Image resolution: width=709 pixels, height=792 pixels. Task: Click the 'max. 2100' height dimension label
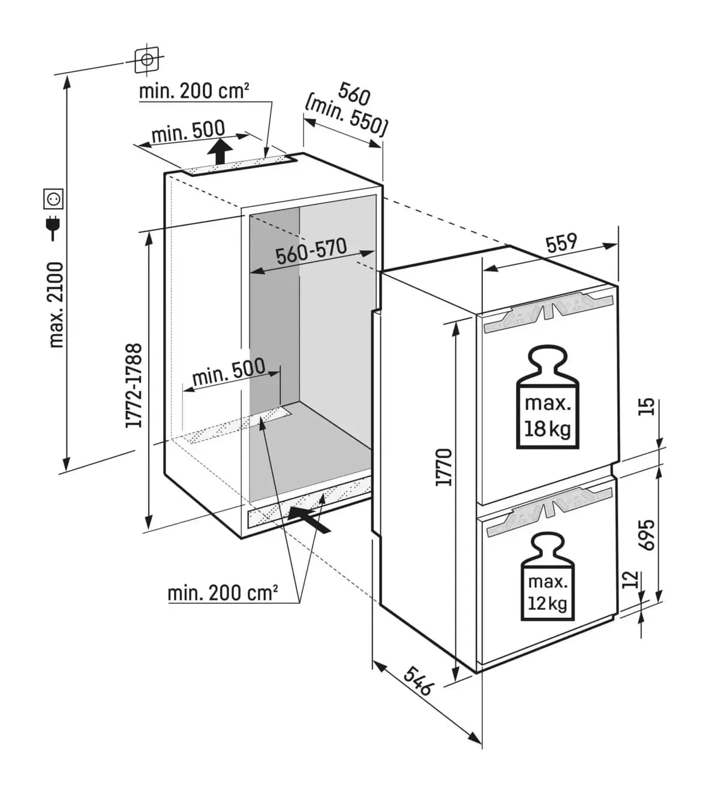coord(56,305)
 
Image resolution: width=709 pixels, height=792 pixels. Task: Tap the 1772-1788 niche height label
coord(133,386)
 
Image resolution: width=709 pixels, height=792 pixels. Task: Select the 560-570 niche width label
coord(311,251)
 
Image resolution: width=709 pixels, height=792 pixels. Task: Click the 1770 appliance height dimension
coord(444,467)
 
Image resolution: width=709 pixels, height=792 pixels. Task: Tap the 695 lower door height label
coord(648,535)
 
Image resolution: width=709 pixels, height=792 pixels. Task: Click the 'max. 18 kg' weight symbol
coord(547,396)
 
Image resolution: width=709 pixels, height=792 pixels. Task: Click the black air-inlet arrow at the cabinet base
coord(308,519)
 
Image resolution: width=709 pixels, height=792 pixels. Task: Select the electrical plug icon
coord(53,227)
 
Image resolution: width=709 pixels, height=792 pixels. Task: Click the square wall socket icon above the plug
coord(53,198)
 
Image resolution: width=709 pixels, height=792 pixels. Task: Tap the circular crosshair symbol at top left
coord(147,60)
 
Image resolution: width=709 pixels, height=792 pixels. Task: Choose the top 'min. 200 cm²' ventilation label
coord(194,91)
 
